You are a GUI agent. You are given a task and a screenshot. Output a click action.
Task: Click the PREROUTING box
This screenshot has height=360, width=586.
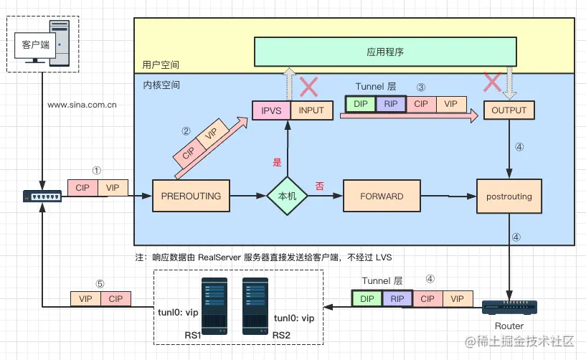191,196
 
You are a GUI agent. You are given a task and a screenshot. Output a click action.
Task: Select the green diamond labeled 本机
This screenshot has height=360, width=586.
287,196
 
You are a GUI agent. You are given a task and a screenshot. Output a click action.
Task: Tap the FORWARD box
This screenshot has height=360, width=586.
382,196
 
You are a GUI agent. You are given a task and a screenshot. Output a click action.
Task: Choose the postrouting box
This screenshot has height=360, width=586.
509,196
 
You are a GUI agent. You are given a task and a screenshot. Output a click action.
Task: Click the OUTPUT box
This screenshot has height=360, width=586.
509,110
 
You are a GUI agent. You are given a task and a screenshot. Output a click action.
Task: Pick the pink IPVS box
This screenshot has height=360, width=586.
271,110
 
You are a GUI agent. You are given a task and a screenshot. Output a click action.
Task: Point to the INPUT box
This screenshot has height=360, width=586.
312,110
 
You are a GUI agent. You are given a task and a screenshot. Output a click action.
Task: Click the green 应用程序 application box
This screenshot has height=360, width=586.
385,52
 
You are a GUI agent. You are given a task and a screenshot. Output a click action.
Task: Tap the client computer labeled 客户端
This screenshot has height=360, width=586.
42,44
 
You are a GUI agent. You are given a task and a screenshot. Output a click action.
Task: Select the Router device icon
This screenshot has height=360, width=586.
509,307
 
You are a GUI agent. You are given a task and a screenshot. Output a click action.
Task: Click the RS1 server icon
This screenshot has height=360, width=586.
214,305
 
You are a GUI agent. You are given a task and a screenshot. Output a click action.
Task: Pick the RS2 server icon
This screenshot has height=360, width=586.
255,305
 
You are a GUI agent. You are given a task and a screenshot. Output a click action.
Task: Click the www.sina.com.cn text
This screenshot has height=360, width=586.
82,105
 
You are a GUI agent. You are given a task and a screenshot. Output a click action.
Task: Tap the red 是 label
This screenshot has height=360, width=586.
277,162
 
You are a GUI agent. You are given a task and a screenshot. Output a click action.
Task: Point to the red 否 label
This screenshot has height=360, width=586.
319,186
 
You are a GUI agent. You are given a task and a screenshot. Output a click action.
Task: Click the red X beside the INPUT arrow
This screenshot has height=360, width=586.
308,87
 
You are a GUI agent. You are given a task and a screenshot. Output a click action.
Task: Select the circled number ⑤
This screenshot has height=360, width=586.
100,284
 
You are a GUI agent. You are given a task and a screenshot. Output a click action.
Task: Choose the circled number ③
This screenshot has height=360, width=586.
421,87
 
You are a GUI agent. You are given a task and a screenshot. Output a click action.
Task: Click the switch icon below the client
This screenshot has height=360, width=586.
42,196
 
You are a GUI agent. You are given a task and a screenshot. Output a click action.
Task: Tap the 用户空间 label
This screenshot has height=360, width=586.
161,65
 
